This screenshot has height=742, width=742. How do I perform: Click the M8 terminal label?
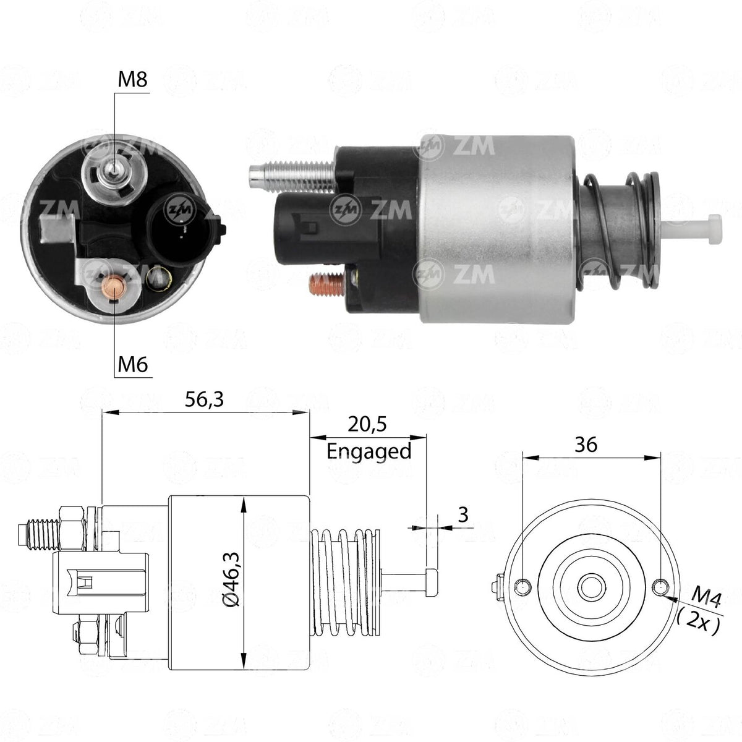click(x=132, y=80)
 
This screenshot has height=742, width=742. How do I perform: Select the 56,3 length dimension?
click(x=204, y=399)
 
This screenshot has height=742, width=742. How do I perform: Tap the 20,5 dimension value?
click(x=367, y=424)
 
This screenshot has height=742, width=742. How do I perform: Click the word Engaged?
click(x=369, y=451)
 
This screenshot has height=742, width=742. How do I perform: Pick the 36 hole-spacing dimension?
click(x=586, y=445)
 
